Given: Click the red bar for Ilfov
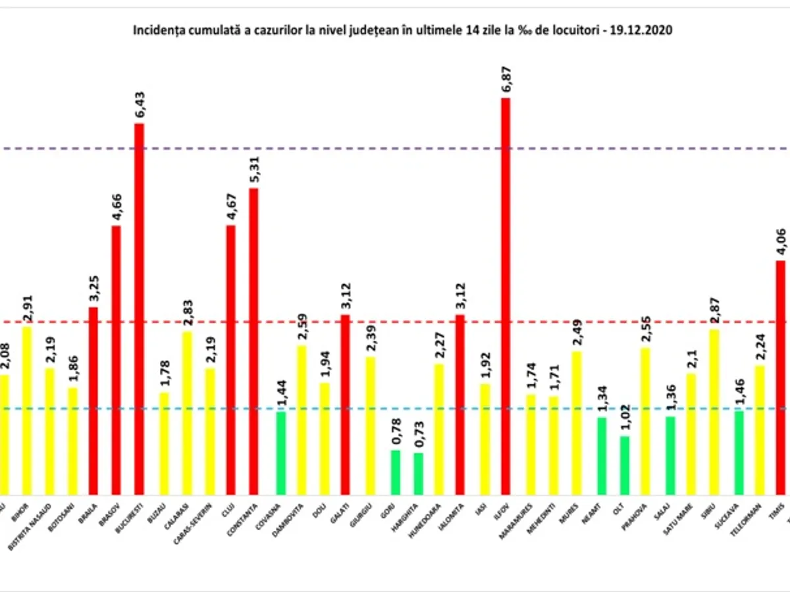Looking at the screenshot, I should tap(505, 296).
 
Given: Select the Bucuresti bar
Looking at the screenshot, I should tap(139, 309).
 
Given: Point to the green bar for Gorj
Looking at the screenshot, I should tap(395, 472).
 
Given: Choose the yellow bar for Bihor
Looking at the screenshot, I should tap(27, 410).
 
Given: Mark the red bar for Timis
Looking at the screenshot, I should tap(781, 378).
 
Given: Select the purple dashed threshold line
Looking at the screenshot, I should tap(395, 149).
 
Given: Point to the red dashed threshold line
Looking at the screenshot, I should tap(395, 322).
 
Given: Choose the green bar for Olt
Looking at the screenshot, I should tap(625, 465).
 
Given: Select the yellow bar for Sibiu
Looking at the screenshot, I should tap(716, 412).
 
